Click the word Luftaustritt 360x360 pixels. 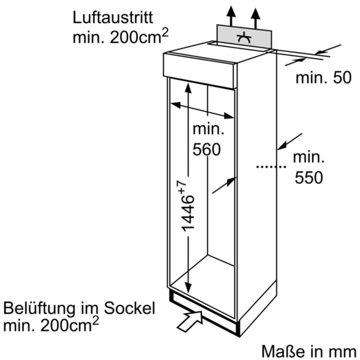[x=113, y=17]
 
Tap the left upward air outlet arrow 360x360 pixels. [x=231, y=15]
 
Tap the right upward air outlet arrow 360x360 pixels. [x=255, y=18]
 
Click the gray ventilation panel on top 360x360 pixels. [x=244, y=36]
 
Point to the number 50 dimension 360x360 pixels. [x=342, y=78]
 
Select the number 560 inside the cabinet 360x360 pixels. [x=206, y=149]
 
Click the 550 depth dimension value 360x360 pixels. [x=309, y=178]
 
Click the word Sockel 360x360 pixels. [x=130, y=308]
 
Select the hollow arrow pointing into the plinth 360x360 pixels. [x=190, y=321]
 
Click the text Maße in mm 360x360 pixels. [x=309, y=351]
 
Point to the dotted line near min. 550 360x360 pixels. [x=271, y=167]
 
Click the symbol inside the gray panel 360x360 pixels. [x=244, y=38]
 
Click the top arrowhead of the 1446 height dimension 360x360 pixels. [x=188, y=88]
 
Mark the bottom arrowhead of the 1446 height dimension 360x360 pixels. [x=189, y=288]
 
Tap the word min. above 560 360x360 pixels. [x=208, y=129]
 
